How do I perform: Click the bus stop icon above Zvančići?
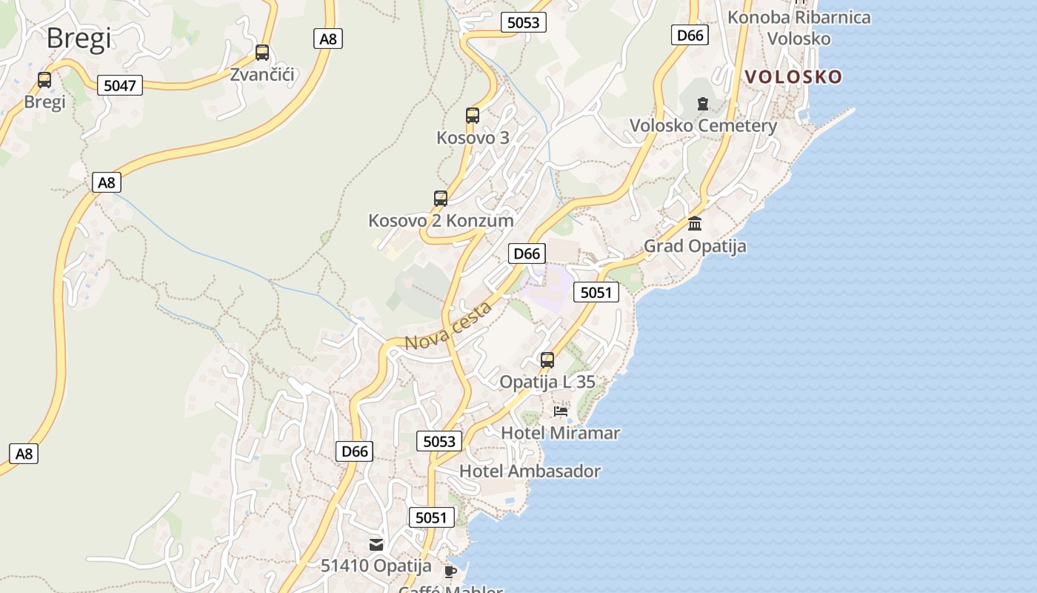point(262,53)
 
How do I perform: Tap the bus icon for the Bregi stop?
point(44,80)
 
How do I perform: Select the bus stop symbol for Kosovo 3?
point(473,116)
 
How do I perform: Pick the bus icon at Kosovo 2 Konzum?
point(441,199)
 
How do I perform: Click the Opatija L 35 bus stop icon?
point(547,360)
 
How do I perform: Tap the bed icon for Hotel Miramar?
point(561,411)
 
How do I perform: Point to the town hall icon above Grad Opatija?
point(695,223)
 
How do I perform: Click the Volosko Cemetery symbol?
point(703,104)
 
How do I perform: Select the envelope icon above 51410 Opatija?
point(376,545)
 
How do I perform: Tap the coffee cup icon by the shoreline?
point(450,571)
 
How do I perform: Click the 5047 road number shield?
point(120,85)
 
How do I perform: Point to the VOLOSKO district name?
point(793,77)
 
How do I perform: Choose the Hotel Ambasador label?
point(530,471)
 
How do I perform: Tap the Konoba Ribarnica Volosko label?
point(799,27)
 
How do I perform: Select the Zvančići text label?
point(262,75)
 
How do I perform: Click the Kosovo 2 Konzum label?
point(441,221)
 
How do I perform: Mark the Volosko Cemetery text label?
point(703,126)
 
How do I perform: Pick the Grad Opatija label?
point(695,246)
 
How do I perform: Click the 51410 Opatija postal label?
point(376,566)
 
